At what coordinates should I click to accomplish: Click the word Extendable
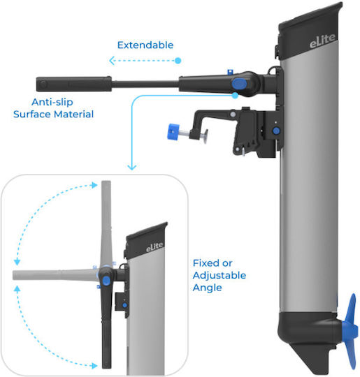click(145, 45)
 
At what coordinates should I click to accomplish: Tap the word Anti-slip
click(52, 102)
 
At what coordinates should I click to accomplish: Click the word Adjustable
click(219, 276)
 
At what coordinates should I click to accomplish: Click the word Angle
click(207, 288)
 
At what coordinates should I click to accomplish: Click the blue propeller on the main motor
click(350, 332)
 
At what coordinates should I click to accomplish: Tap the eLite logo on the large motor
click(322, 40)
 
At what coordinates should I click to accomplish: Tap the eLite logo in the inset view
click(154, 247)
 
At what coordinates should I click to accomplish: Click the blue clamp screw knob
click(173, 131)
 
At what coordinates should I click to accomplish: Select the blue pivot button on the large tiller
click(239, 84)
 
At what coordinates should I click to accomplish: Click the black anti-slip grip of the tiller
click(73, 84)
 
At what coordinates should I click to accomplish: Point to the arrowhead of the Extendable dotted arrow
click(111, 61)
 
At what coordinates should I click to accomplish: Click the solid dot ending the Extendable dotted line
click(178, 61)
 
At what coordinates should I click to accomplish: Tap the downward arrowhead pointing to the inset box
click(132, 167)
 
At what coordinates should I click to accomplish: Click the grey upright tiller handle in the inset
click(106, 223)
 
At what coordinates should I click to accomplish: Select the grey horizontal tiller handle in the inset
click(55, 275)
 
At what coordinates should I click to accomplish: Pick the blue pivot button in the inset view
click(106, 281)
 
